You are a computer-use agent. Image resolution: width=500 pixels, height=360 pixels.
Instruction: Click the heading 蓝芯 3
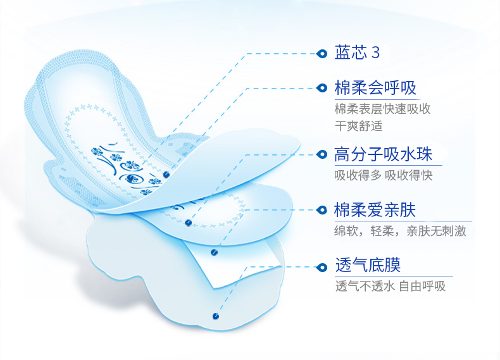[357, 53]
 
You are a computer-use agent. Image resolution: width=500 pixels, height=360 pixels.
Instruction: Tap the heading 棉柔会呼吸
[375, 88]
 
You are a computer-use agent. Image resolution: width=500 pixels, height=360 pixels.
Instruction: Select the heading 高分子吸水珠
[383, 154]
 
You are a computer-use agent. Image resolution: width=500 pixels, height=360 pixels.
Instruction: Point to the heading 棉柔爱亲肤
[375, 210]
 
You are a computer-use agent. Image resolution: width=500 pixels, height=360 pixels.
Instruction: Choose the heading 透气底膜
[368, 265]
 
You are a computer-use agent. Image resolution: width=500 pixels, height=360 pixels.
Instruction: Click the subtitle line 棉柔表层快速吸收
[383, 109]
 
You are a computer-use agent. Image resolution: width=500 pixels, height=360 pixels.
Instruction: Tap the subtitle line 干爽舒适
[358, 126]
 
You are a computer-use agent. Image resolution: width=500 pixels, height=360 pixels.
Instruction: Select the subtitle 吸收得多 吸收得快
[384, 175]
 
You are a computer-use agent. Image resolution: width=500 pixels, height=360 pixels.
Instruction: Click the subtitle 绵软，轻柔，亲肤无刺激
[400, 231]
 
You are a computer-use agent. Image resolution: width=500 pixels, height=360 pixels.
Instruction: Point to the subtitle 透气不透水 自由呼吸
[391, 286]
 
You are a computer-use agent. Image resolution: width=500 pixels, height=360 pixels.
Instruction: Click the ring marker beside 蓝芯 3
[322, 54]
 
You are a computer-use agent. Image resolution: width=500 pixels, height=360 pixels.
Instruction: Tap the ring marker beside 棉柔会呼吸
[322, 88]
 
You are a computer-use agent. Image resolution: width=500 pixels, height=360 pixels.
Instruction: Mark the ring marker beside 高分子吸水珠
[322, 154]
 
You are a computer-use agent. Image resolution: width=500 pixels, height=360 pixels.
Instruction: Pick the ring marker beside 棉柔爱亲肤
[322, 210]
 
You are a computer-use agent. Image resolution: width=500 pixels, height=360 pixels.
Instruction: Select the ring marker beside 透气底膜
[322, 267]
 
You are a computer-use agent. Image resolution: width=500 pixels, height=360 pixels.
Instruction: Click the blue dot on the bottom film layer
[216, 316]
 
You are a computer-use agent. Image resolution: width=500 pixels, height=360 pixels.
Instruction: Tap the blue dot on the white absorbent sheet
[214, 252]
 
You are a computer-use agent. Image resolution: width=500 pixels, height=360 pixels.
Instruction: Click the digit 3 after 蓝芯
[376, 53]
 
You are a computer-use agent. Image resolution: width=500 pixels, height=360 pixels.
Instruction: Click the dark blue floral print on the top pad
[128, 169]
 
